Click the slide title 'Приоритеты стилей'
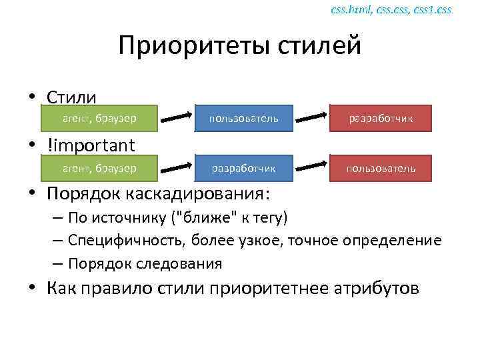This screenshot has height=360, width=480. [x=239, y=46]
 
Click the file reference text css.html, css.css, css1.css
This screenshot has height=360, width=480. [x=391, y=9]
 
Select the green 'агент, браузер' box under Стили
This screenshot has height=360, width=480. [x=99, y=119]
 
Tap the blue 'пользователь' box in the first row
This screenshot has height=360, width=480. [x=243, y=119]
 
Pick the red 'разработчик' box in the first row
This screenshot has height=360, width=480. [x=381, y=119]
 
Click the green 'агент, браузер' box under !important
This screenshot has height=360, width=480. [x=99, y=169]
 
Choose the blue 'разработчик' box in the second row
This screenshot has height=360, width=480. [x=243, y=169]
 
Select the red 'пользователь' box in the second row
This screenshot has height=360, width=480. [x=381, y=169]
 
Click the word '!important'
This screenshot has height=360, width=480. [x=91, y=145]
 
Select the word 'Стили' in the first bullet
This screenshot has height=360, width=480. [x=71, y=97]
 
